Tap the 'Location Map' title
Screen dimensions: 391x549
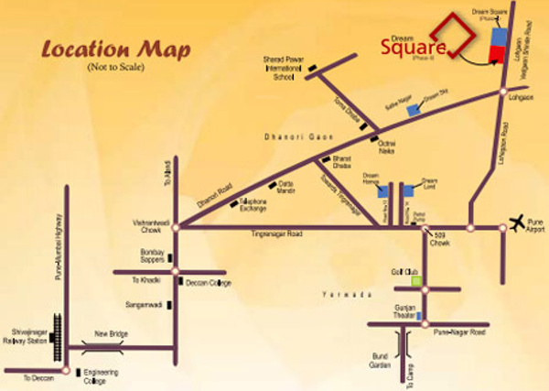(115, 51)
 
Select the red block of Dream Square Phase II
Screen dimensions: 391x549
(496, 54)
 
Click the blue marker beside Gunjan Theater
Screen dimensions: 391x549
(420, 317)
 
